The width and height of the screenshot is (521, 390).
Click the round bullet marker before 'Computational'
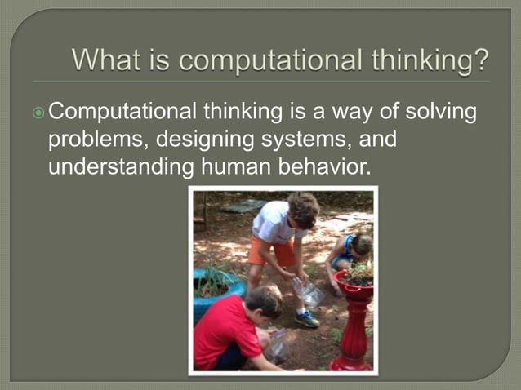[x=53, y=112]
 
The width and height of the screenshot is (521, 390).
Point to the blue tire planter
[x=214, y=290]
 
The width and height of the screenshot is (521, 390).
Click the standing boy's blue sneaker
[x=307, y=318]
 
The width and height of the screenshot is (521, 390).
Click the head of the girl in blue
[x=360, y=243]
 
